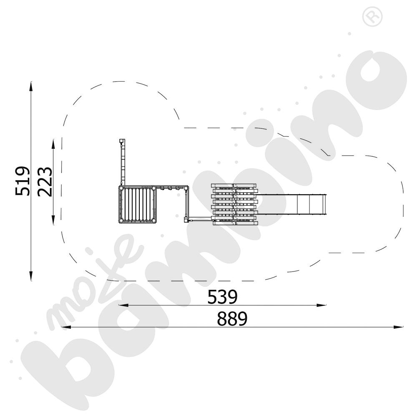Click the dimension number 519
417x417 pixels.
pyautogui.click(x=22, y=181)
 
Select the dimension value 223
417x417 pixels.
pyautogui.click(x=45, y=182)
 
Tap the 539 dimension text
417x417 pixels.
pyautogui.click(x=222, y=297)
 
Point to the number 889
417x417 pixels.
pyautogui.click(x=232, y=319)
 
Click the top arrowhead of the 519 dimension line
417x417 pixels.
pyautogui.click(x=31, y=85)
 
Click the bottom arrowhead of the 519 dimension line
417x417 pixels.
pyautogui.click(x=31, y=276)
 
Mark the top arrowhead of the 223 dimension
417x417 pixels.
pyautogui.click(x=53, y=144)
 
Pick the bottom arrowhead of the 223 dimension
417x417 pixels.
pyautogui.click(x=53, y=220)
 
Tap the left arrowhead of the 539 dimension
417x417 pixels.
pyautogui.click(x=123, y=305)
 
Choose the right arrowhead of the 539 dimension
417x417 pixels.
pyautogui.click(x=321, y=305)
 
